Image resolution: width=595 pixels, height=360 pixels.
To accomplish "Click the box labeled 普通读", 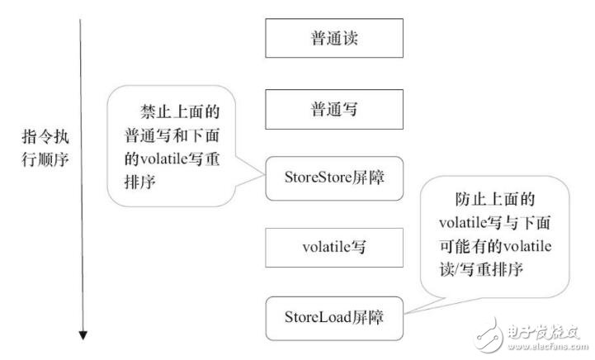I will point(334,38).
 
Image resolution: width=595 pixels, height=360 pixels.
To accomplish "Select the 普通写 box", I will point(334,108).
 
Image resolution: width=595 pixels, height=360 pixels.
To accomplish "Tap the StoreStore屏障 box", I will point(334,178).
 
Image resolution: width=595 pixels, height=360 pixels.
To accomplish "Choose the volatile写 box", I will point(334,246).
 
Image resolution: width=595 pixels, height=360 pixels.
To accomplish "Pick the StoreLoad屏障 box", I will point(334,316).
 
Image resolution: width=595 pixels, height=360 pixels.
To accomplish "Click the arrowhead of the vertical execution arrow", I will point(83,334).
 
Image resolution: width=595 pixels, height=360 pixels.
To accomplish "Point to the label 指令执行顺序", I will point(46,149).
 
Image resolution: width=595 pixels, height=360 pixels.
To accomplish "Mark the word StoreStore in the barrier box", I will point(314,178).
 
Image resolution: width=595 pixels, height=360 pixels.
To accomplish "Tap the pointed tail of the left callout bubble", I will point(262,170).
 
